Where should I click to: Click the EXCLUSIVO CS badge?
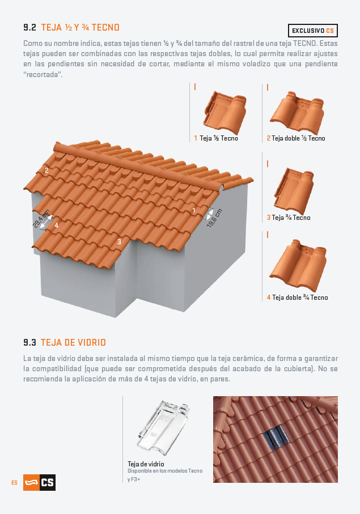(312, 31)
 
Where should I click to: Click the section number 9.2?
(29, 27)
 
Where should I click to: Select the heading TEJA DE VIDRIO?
(73, 342)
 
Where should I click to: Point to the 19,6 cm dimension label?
(215, 218)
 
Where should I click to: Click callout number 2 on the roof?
(46, 171)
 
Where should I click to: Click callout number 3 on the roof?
(120, 242)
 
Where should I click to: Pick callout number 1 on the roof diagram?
(194, 210)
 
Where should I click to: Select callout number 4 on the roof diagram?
(56, 226)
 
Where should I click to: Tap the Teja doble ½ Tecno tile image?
(297, 112)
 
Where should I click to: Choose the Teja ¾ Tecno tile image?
(294, 190)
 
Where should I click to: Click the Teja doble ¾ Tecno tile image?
(298, 265)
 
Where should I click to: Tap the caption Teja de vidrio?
(146, 464)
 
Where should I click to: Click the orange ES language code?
(14, 482)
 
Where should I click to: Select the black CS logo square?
(48, 482)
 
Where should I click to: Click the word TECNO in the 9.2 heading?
(105, 27)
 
